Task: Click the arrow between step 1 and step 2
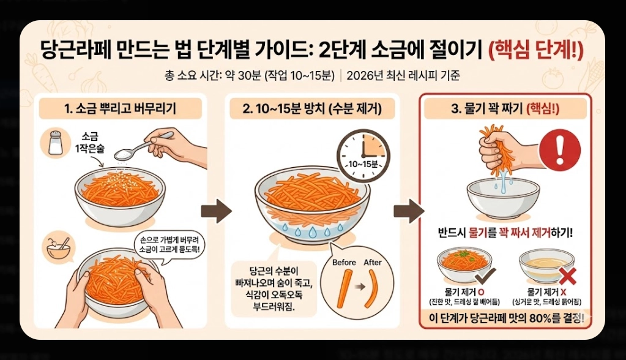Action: point(216,211)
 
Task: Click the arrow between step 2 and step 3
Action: point(408,211)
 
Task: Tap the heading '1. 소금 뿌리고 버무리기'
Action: point(120,109)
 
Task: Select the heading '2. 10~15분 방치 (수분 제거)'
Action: point(312,109)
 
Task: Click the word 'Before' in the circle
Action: point(344,263)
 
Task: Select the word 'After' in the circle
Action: point(373,263)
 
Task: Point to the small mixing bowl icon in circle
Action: point(58,246)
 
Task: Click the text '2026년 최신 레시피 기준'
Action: point(403,76)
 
